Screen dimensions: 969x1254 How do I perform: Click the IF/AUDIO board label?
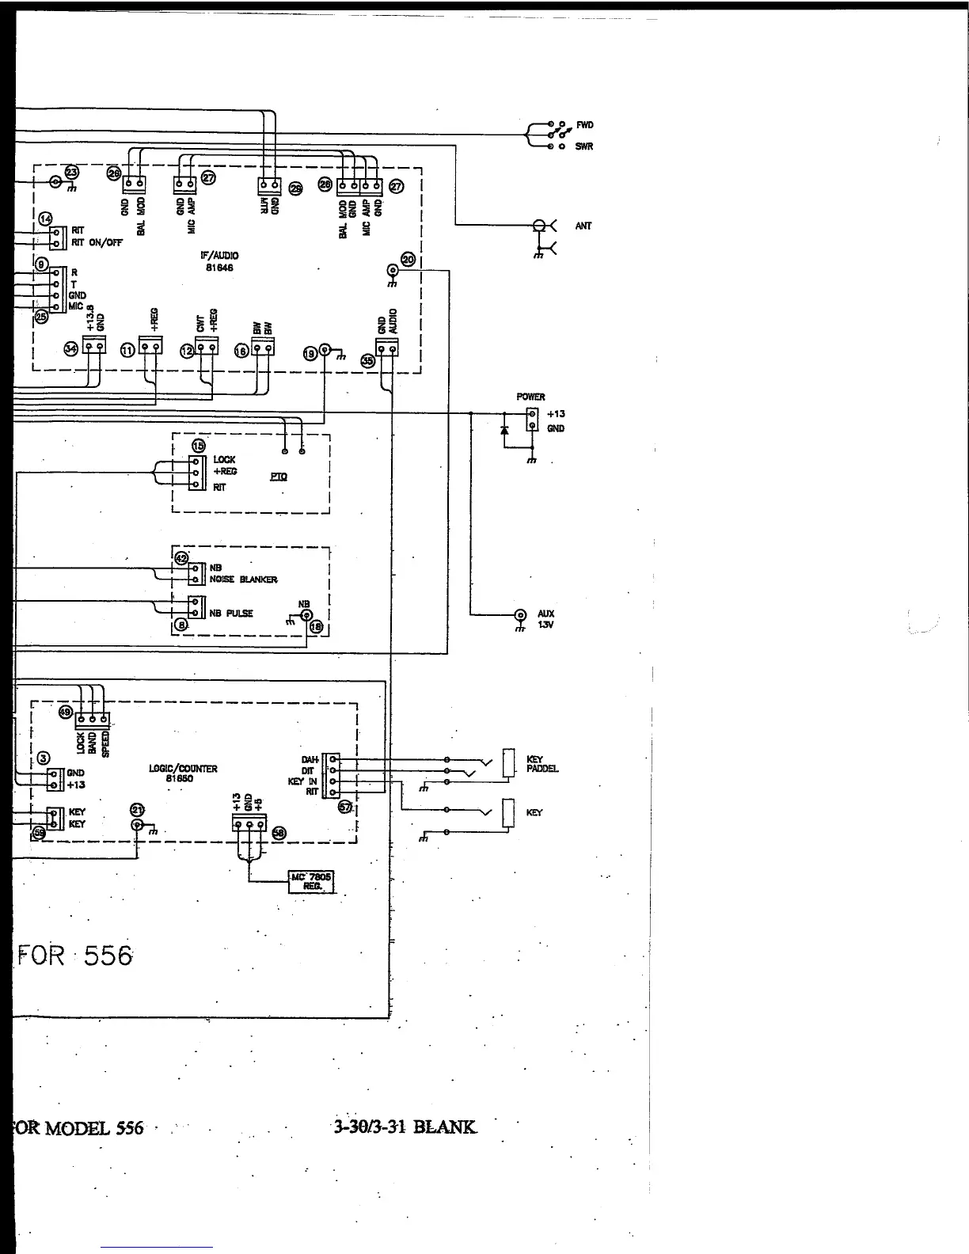[x=219, y=261]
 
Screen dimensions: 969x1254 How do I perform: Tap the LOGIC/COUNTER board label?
[x=183, y=773]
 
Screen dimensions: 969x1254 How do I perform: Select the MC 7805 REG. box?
[x=311, y=881]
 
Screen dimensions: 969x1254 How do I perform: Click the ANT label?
[x=583, y=226]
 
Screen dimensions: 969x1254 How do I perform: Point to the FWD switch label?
[x=584, y=125]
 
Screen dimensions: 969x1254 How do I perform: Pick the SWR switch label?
[x=584, y=146]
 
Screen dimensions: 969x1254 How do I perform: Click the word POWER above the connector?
[x=530, y=397]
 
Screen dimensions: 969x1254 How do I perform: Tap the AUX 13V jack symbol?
[x=520, y=615]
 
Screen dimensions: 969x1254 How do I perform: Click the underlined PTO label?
[x=279, y=477]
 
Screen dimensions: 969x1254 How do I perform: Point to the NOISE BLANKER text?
[x=243, y=579]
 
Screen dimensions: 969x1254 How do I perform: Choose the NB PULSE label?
[x=231, y=613]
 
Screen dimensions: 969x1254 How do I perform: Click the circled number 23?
[x=72, y=172]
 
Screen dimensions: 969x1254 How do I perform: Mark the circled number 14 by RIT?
[x=45, y=218]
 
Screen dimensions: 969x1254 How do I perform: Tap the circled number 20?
[x=408, y=259]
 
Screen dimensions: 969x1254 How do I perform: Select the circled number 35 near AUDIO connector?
[x=367, y=360]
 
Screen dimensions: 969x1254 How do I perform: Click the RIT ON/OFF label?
[x=97, y=243]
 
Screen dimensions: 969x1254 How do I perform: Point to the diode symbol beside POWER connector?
[x=504, y=429]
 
